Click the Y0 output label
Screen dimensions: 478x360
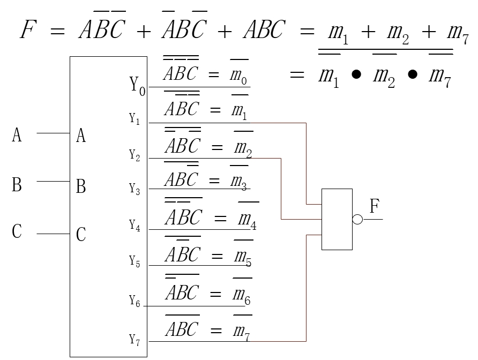click(137, 86)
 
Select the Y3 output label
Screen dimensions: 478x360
click(135, 189)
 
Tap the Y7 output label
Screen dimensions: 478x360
click(135, 340)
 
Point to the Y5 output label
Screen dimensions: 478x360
click(135, 261)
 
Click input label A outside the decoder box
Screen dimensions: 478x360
click(17, 135)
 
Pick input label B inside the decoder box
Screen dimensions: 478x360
click(81, 186)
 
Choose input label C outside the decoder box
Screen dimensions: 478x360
click(17, 231)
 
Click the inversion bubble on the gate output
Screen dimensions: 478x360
click(357, 219)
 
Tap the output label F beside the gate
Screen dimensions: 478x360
click(375, 206)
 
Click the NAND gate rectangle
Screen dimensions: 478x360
click(337, 189)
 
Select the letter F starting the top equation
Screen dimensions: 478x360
click(28, 29)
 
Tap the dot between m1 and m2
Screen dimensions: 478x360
click(356, 74)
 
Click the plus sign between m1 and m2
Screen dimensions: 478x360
click(368, 32)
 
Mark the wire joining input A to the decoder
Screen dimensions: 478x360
click(54, 133)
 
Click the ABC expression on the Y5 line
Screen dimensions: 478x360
click(183, 254)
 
